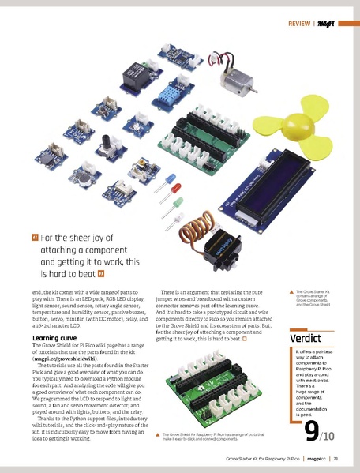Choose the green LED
click(178, 215)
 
